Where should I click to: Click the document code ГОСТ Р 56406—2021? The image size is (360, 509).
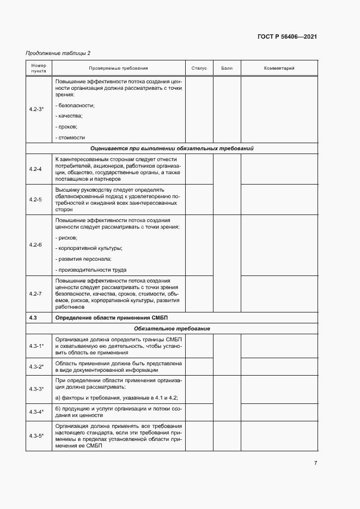pos(287,37)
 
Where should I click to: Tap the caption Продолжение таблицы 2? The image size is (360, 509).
pos(58,53)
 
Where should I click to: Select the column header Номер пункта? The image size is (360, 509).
pos(39,68)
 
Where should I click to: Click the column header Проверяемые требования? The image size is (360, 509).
pos(118,69)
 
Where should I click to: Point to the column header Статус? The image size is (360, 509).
pos(199,69)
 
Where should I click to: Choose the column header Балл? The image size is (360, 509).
pos(227,69)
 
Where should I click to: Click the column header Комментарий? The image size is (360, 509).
pos(279,69)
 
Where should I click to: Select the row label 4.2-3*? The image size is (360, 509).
pos(36,109)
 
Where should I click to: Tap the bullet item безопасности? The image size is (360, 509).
pos(76,105)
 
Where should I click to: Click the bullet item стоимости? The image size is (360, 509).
pos(71,138)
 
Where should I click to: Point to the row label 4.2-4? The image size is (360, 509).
pos(35,169)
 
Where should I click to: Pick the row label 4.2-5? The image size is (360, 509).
pos(35,199)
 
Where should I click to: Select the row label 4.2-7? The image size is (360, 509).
pos(35,293)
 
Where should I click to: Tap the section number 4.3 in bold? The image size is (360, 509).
pos(33,317)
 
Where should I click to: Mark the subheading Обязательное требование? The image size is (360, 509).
pos(172,329)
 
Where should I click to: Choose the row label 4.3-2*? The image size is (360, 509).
pos(36,366)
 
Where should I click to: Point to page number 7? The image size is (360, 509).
pos(315,463)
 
